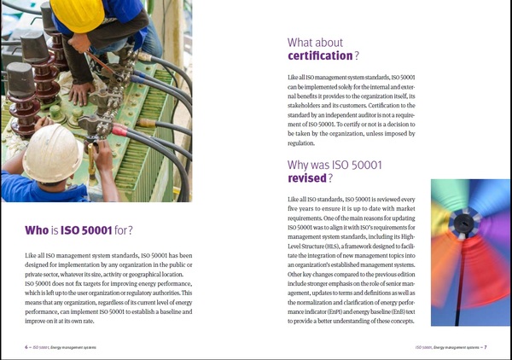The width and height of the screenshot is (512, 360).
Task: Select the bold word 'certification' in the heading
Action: click(x=319, y=56)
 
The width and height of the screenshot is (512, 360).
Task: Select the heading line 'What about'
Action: click(x=321, y=42)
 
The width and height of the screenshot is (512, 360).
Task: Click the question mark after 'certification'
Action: click(x=357, y=56)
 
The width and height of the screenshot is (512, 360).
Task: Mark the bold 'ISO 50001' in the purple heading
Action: click(x=93, y=231)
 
